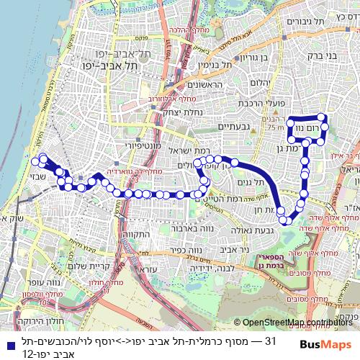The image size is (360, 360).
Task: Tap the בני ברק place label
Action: [x=330, y=55]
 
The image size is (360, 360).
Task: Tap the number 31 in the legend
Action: [x=271, y=341]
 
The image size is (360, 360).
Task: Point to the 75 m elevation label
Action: [x=274, y=127]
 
